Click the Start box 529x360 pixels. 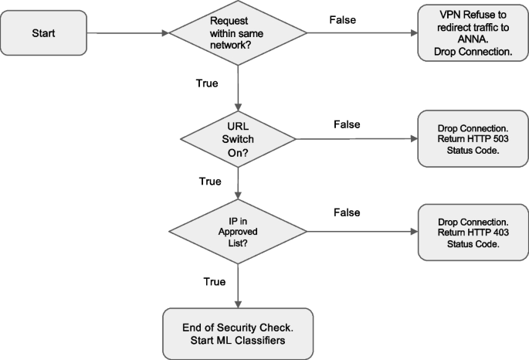click(x=44, y=34)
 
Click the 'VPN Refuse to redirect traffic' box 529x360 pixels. click(x=468, y=33)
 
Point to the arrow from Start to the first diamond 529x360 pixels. click(x=127, y=34)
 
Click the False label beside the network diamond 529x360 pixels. click(x=341, y=19)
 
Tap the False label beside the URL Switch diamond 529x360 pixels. click(x=348, y=124)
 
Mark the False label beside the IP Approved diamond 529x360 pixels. click(x=348, y=212)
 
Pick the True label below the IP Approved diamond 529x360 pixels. click(x=215, y=283)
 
